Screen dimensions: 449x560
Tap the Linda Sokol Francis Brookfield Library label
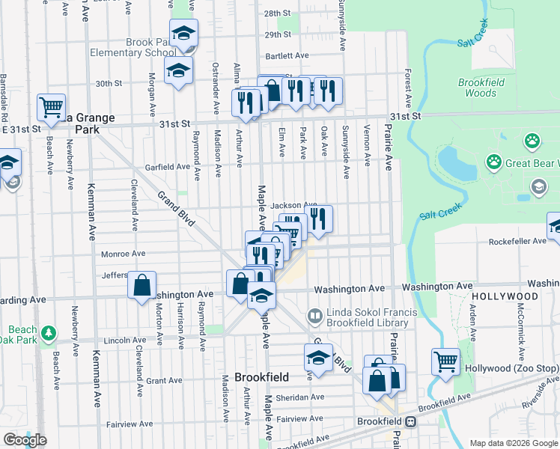[x=367, y=317]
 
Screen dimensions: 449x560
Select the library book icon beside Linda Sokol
[x=315, y=317]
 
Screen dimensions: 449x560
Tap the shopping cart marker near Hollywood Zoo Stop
[x=445, y=361]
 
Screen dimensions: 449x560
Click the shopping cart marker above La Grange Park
[x=51, y=108]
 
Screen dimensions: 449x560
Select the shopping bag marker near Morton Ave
[x=141, y=285]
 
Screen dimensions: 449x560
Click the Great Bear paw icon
[x=494, y=161]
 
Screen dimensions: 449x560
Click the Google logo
[x=25, y=439]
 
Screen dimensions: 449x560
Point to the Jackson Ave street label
[x=293, y=205]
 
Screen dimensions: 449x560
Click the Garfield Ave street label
[x=168, y=167]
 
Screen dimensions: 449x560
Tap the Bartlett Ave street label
[x=287, y=56]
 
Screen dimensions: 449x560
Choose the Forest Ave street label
[x=408, y=88]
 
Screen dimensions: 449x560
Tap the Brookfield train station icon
[x=410, y=422]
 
